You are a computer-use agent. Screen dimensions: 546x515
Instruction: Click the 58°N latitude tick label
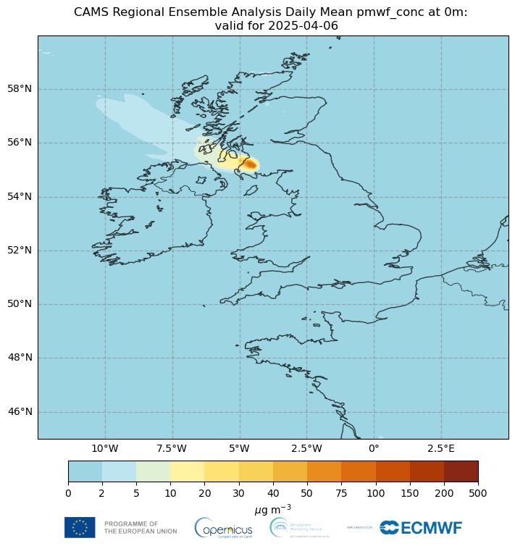click(x=19, y=89)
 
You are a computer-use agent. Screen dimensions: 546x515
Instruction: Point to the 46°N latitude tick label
click(x=19, y=411)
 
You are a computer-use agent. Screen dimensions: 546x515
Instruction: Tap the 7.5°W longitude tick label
click(x=172, y=448)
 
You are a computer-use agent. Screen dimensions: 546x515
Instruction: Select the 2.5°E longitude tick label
click(x=440, y=448)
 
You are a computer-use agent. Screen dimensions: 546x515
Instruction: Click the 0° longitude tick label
click(x=374, y=448)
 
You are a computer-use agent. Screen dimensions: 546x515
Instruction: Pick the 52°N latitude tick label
click(x=19, y=251)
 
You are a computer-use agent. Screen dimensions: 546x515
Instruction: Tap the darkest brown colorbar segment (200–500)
click(x=461, y=471)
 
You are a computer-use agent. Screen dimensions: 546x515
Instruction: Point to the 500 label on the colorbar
click(x=478, y=492)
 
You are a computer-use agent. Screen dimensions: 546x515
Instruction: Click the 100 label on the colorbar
click(x=375, y=492)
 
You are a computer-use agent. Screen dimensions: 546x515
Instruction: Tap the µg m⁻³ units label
click(x=273, y=510)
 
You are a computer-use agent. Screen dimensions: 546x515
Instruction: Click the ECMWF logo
click(x=421, y=528)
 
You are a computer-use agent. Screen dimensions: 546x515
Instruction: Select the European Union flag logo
click(x=80, y=527)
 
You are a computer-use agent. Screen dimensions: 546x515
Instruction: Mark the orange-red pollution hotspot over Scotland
click(x=249, y=164)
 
